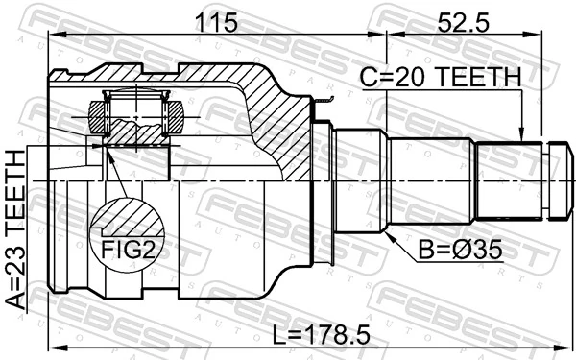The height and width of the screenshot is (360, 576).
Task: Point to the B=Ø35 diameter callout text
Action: click(x=460, y=252)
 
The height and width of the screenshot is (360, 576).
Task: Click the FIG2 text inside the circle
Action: click(x=130, y=252)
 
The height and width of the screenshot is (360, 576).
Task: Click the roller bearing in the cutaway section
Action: click(x=137, y=116)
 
